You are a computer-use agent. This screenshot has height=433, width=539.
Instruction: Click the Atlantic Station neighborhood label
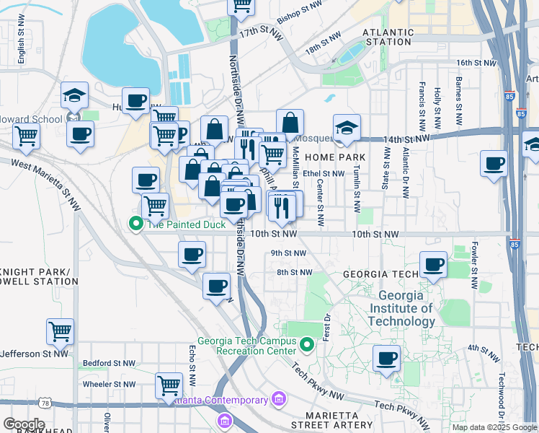click(x=388, y=37)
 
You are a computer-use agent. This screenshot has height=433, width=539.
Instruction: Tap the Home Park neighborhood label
click(x=334, y=157)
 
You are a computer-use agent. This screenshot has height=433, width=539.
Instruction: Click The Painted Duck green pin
click(x=135, y=224)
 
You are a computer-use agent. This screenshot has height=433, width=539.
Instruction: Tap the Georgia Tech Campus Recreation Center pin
click(x=307, y=346)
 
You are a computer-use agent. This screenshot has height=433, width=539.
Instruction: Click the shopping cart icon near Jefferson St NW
click(x=61, y=331)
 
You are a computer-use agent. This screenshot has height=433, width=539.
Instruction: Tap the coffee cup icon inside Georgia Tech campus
click(x=386, y=357)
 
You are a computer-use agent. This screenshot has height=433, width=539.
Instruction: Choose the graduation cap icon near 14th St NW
click(x=347, y=127)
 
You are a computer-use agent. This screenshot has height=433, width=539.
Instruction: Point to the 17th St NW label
click(x=257, y=33)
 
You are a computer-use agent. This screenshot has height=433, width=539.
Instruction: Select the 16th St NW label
click(x=476, y=63)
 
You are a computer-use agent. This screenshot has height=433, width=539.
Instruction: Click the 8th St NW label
click(x=294, y=272)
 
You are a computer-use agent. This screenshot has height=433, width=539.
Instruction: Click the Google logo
click(x=23, y=424)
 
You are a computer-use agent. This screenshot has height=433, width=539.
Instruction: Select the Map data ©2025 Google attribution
click(x=494, y=427)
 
